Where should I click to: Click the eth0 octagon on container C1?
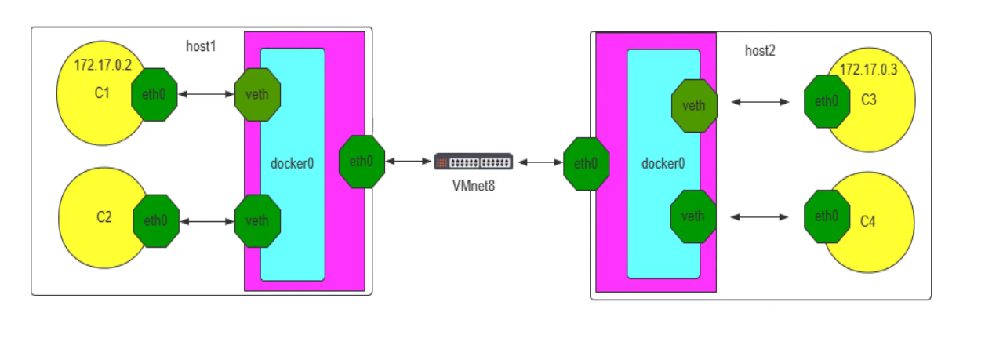coord(154,94)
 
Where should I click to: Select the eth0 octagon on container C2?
coord(156,220)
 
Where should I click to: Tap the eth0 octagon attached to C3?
coord(827,101)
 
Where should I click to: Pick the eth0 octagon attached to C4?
coord(827,216)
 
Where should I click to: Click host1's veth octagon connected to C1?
coord(257,94)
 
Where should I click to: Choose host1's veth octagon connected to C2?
coord(257,220)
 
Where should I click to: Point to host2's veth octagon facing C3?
coord(694,105)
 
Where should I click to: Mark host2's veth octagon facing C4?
coord(693,216)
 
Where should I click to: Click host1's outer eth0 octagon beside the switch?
coord(362,162)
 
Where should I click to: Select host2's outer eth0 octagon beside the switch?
coord(586,164)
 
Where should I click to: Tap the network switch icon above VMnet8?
coord(474,162)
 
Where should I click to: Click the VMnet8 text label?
coord(474,186)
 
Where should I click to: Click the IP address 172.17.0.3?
coord(868,70)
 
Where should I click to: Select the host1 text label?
coord(201,46)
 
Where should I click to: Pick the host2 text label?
coord(759,51)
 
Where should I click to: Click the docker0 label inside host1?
coord(292,164)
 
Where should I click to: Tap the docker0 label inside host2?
coord(663,164)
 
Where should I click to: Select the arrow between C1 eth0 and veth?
coord(206,94)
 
